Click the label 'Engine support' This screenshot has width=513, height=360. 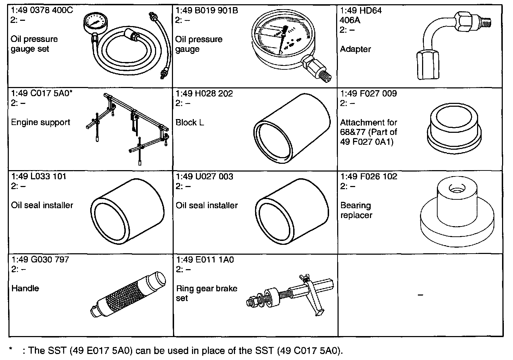tap(41, 122)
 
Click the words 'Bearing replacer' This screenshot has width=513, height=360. tap(356, 210)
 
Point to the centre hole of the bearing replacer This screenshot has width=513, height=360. tap(458, 190)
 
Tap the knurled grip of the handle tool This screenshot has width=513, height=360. tap(122, 294)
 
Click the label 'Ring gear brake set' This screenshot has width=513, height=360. tap(206, 293)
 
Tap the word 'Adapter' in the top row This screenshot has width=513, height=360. tap(355, 49)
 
